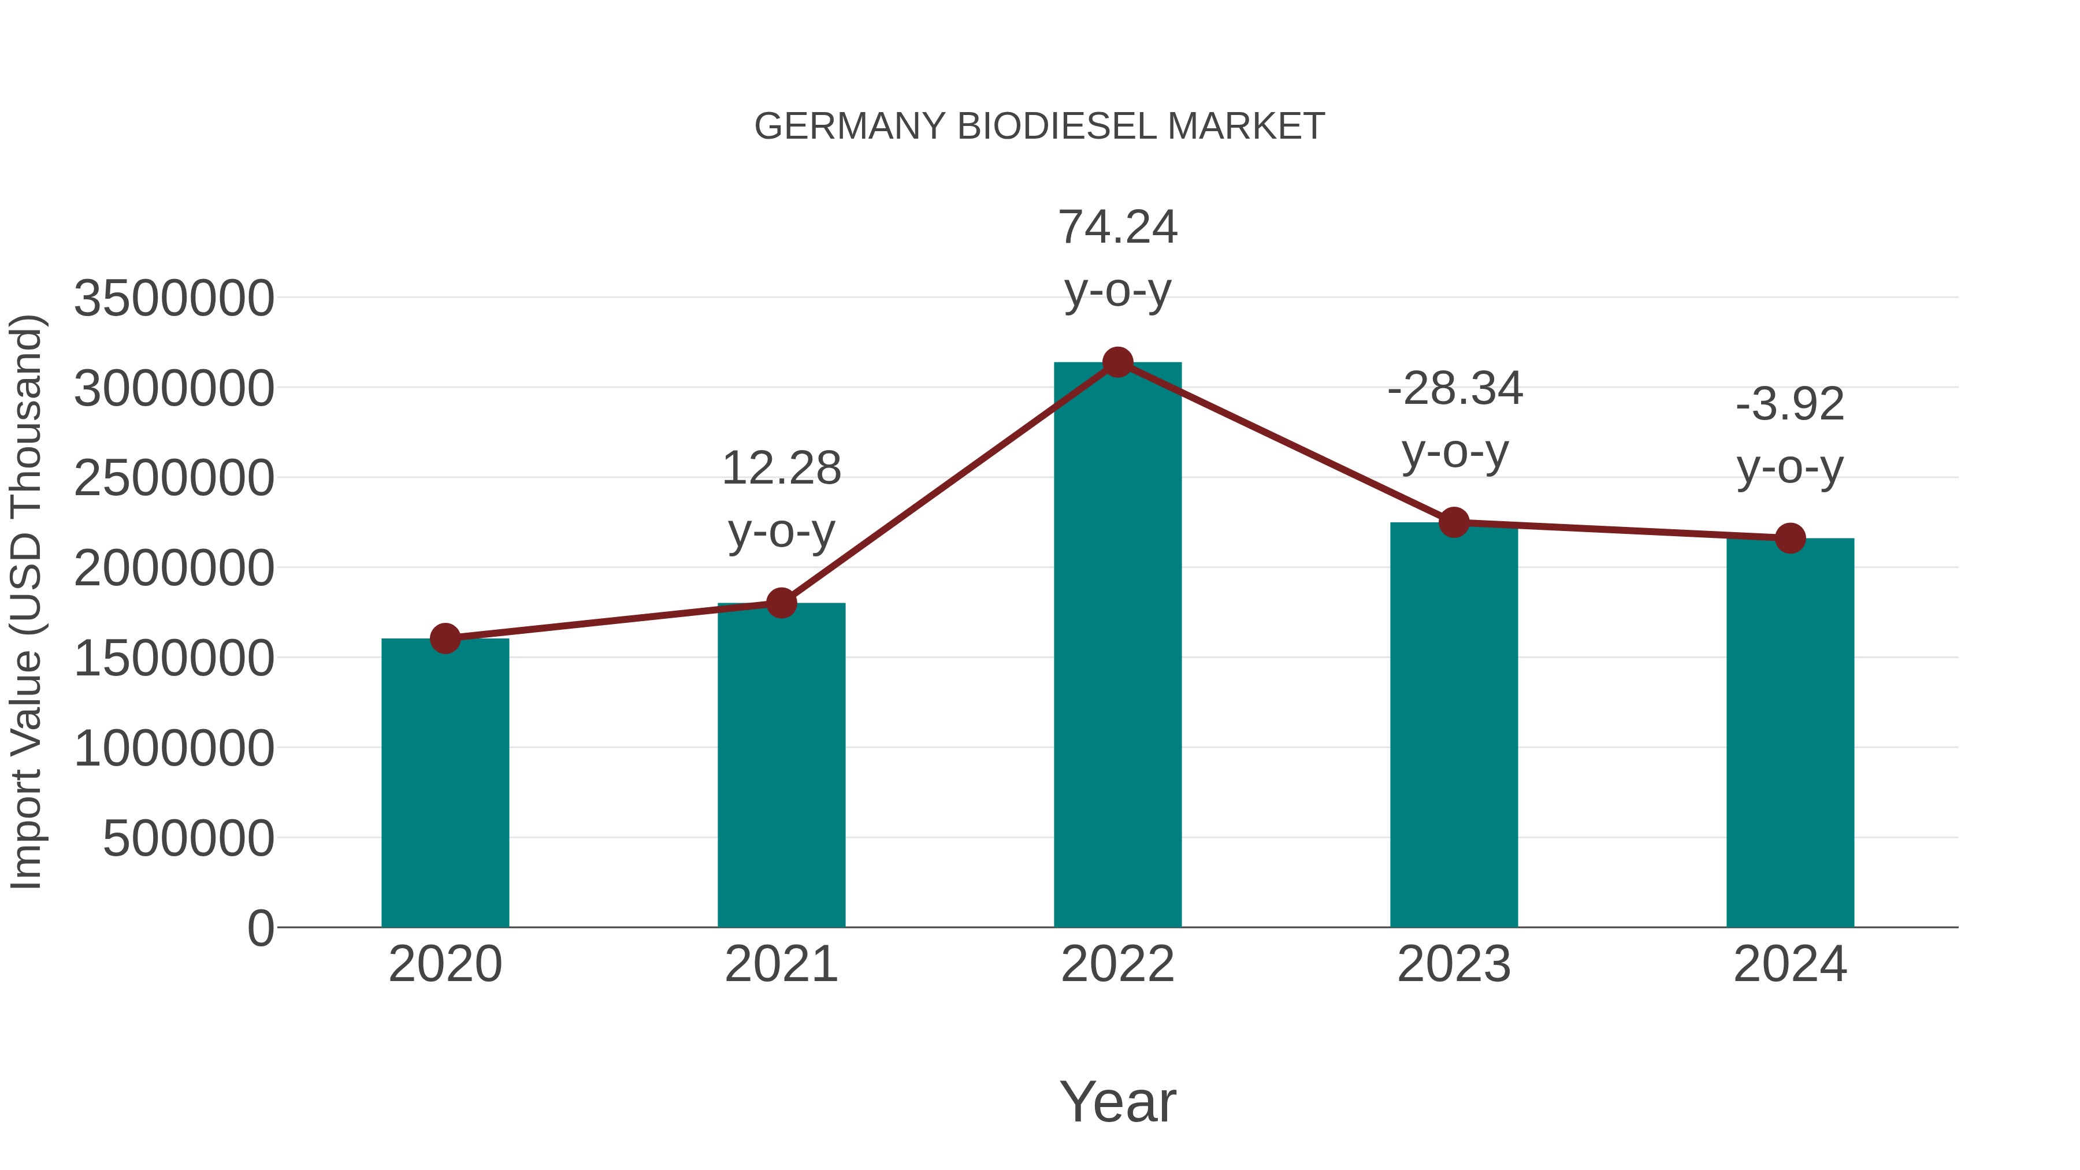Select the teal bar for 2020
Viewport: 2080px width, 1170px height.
pos(445,783)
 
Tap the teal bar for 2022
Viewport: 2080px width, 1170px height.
pos(1117,646)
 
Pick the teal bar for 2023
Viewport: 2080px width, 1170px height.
pos(1454,727)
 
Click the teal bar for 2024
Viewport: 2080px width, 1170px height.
pos(1789,735)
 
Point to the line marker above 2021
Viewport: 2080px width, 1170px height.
pos(781,603)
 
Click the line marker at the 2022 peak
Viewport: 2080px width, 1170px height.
pos(1117,362)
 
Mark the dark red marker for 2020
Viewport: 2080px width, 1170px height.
pos(445,638)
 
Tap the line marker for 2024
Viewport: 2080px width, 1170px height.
pos(1789,538)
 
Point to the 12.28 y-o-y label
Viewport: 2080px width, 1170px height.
pos(781,499)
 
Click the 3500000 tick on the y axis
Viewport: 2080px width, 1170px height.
pos(173,298)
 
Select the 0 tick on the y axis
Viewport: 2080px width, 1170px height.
pos(260,928)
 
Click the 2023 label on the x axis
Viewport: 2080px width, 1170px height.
pos(1454,964)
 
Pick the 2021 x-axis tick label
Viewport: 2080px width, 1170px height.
pos(781,964)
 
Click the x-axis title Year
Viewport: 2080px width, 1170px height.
pos(1117,1101)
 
